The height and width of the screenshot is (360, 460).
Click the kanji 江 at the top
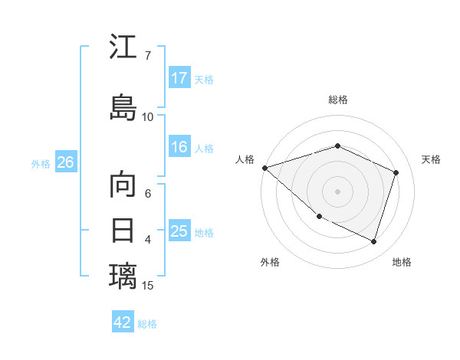pos(123,47)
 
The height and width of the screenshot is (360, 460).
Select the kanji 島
pos(123,106)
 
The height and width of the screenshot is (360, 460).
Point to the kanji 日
pos(123,230)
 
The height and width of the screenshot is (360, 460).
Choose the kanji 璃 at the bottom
pos(123,276)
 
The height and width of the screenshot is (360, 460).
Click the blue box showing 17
pos(179,78)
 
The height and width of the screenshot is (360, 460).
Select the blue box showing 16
pos(179,148)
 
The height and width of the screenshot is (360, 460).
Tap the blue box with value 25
pos(179,231)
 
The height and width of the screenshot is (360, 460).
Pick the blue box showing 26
pos(66,162)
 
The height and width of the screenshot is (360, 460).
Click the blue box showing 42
pos(123,322)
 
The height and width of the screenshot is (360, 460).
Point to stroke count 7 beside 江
pos(147,55)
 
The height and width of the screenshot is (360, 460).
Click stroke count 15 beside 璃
pos(148,286)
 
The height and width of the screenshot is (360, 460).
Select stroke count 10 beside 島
pos(148,116)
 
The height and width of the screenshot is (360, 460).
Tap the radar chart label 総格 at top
pos(337,100)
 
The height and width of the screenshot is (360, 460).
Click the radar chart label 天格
pos(431,159)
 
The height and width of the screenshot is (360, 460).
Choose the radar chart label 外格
pos(270,262)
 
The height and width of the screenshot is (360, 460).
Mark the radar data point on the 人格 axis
pos(264,168)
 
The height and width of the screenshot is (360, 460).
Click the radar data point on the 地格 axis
pos(373,241)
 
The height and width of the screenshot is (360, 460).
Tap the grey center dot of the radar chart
pos(337,191)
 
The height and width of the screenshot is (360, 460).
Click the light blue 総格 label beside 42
pos(147,323)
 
